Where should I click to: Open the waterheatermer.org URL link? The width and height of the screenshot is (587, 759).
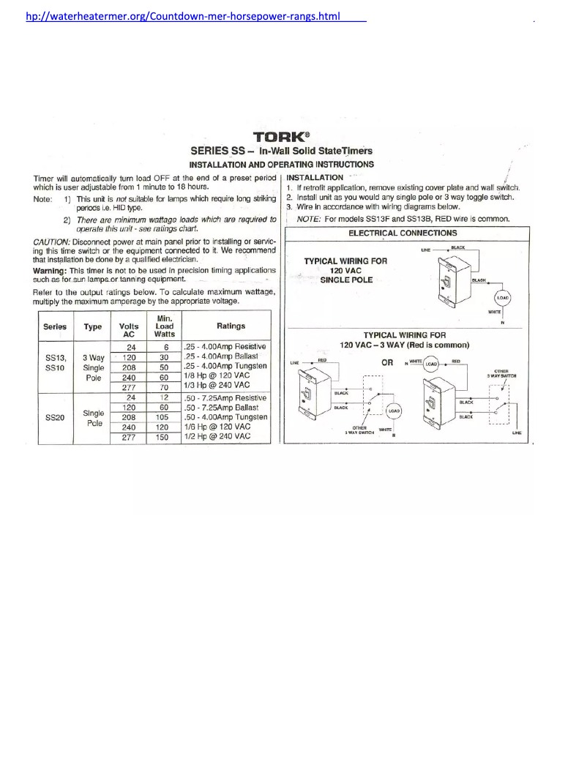(182, 15)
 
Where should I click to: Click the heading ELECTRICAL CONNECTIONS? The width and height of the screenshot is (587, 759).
(403, 233)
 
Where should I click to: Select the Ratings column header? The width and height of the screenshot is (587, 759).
(226, 326)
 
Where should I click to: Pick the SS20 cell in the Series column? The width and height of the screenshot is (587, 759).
(54, 417)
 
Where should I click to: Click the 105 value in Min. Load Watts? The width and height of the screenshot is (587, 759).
(165, 417)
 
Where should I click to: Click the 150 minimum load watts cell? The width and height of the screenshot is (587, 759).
(165, 437)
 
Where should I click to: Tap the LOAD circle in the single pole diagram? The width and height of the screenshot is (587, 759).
(503, 298)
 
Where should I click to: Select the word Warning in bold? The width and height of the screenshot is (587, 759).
(51, 270)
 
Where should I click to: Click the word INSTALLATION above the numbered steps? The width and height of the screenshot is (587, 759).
(315, 177)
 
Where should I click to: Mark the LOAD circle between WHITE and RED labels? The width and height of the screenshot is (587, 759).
(432, 364)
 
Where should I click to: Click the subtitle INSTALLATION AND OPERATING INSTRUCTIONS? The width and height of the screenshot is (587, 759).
(282, 164)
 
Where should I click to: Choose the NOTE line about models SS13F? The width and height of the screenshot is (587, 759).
(403, 218)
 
